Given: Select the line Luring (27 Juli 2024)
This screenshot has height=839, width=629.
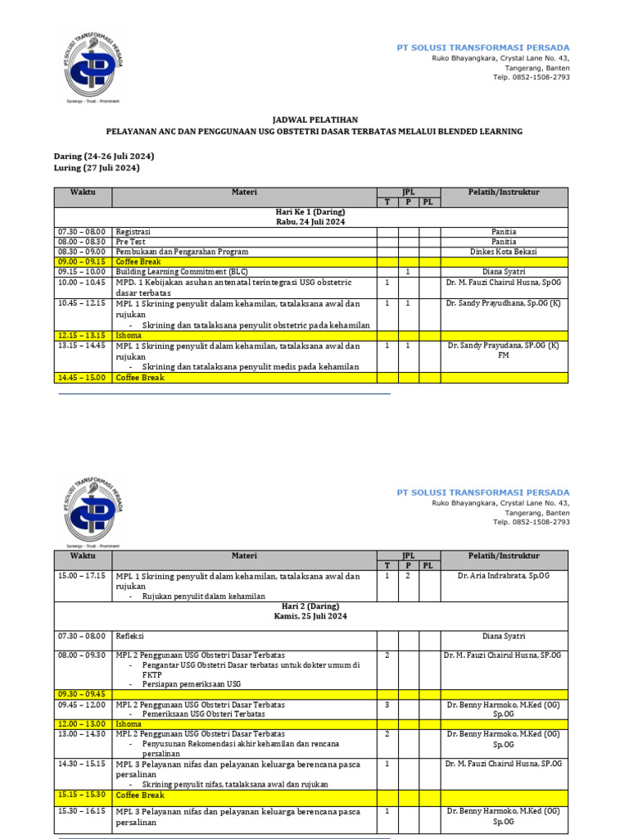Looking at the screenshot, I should click(96, 168).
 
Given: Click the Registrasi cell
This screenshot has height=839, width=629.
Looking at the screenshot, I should click(133, 232).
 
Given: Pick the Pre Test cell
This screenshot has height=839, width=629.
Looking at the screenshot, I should click(130, 242).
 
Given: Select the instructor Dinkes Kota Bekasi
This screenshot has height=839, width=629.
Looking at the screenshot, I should click(504, 252).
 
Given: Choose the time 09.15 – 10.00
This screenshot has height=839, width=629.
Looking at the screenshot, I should click(82, 271).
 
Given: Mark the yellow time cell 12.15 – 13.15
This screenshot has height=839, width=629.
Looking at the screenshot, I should click(82, 335).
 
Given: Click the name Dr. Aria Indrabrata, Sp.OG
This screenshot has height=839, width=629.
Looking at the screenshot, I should click(504, 576).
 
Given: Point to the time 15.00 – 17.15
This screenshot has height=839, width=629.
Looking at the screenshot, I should click(82, 576).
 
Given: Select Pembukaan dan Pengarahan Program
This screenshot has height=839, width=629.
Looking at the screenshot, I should click(182, 252).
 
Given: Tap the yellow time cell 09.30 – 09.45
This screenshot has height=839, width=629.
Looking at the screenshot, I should click(82, 694).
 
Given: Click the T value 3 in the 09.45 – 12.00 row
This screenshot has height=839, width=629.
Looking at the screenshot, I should click(387, 705).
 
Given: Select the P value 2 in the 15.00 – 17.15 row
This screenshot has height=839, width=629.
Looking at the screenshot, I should click(408, 576).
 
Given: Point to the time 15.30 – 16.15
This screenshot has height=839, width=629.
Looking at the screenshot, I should click(82, 811).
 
